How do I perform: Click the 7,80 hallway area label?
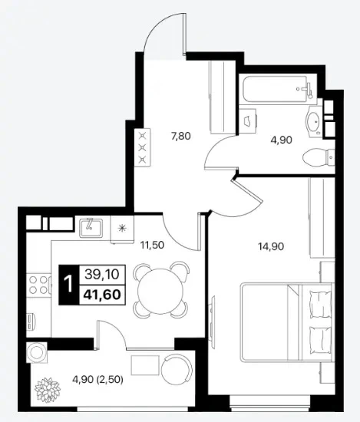point(181,136)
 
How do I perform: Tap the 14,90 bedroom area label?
point(271,246)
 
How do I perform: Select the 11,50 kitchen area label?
point(152,245)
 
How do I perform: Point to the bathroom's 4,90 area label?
point(282,140)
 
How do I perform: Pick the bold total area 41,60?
point(102,295)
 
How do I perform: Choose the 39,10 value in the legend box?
point(102,275)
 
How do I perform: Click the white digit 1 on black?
point(69,285)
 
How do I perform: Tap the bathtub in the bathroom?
point(278,89)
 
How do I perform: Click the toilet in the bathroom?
point(319,157)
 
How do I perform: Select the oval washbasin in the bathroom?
point(314,122)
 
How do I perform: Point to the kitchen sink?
point(91,228)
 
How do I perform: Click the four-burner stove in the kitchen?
point(38,285)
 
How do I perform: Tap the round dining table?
point(160,290)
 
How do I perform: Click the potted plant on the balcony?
point(48,390)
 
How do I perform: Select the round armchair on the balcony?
point(177,368)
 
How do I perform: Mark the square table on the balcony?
point(145,365)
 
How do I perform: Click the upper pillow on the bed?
point(320,304)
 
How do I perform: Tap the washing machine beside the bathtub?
point(248,121)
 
